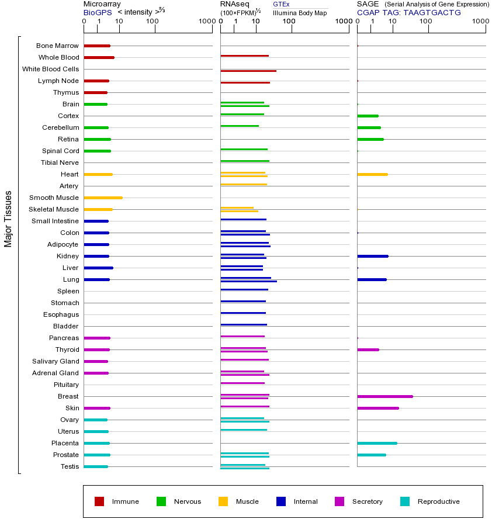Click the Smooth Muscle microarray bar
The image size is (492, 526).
click(103, 198)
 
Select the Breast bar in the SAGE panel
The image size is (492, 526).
click(384, 396)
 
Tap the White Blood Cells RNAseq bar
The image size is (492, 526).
click(248, 71)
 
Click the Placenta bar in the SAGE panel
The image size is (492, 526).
click(377, 443)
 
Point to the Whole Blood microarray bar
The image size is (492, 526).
click(99, 57)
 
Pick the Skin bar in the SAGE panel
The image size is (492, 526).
click(377, 408)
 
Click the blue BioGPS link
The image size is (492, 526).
click(97, 12)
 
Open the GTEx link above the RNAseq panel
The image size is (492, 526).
click(281, 4)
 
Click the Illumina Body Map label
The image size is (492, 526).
click(300, 12)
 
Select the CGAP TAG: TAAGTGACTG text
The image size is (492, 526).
click(409, 12)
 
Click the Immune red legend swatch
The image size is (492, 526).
click(99, 501)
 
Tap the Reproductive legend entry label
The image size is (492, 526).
click(438, 501)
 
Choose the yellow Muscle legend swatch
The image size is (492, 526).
click(223, 501)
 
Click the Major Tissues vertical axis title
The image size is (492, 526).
click(8, 219)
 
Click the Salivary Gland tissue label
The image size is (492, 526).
click(56, 361)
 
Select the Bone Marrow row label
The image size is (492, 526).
click(57, 46)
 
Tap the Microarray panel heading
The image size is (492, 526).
click(102, 4)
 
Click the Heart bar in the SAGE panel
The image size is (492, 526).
click(372, 174)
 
